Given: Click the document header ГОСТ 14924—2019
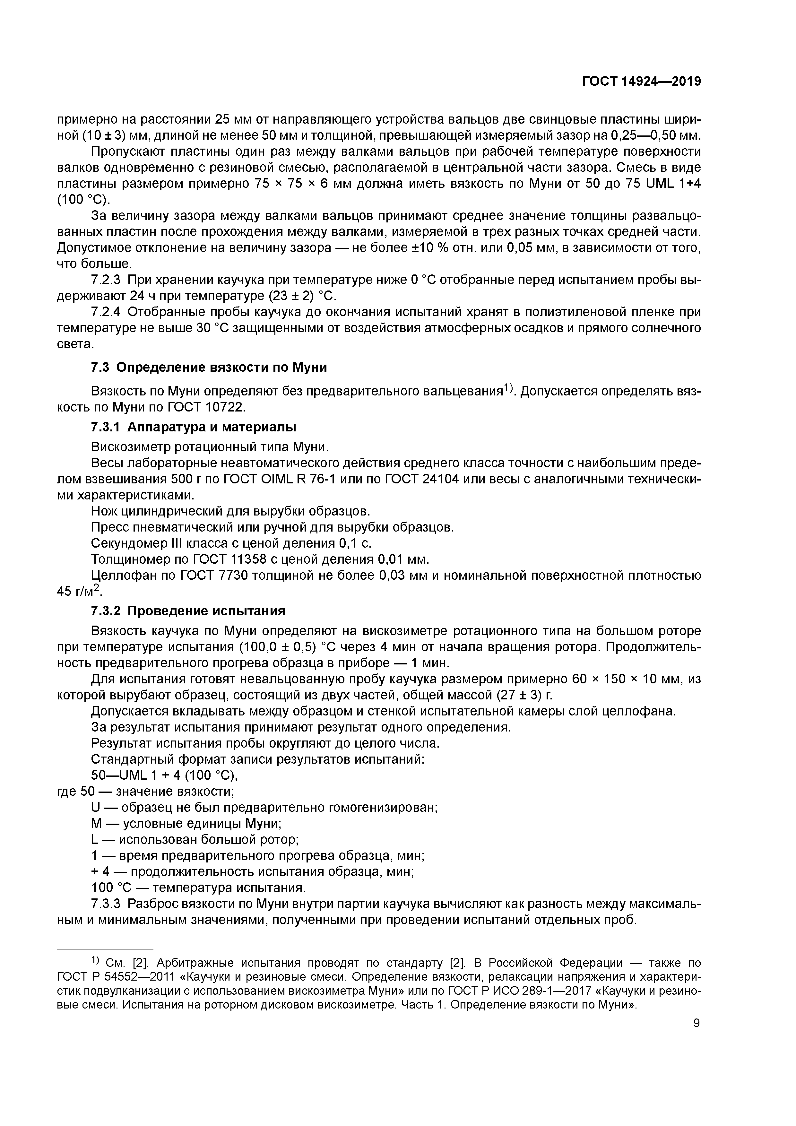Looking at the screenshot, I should [x=641, y=82].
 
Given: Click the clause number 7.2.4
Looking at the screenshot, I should [x=106, y=312].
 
